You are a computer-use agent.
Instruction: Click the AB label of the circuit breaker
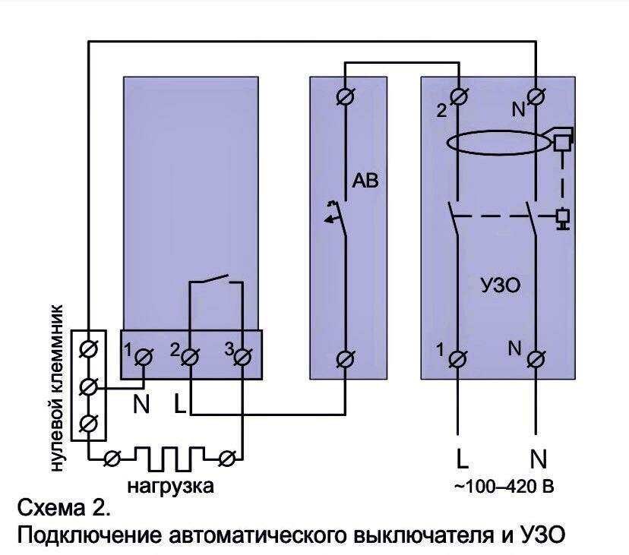pos(365,181)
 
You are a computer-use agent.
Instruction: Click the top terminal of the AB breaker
pos(346,96)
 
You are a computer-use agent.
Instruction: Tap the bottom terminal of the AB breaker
pos(346,356)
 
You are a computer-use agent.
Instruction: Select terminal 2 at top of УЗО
pos(458,96)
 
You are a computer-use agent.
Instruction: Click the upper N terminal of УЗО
pos(536,96)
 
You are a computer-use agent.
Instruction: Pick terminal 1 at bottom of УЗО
pos(458,356)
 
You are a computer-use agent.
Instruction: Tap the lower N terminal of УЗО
pos(536,356)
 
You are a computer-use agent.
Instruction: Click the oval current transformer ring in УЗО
pos(497,143)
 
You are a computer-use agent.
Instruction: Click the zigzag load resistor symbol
pos(169,457)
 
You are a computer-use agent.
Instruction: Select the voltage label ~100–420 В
pos(503,486)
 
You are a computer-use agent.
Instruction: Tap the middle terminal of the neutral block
pos(89,387)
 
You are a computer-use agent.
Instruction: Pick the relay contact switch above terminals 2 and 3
pos(216,282)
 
